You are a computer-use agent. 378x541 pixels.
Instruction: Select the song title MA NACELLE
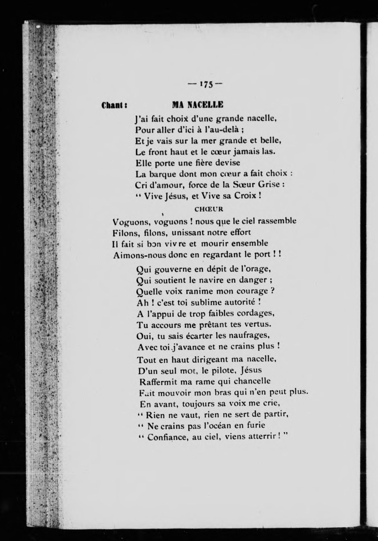pyautogui.click(x=198, y=105)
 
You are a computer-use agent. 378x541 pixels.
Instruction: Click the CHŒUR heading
pyautogui.click(x=209, y=209)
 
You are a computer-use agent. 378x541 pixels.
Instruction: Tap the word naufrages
pyautogui.click(x=251, y=336)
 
